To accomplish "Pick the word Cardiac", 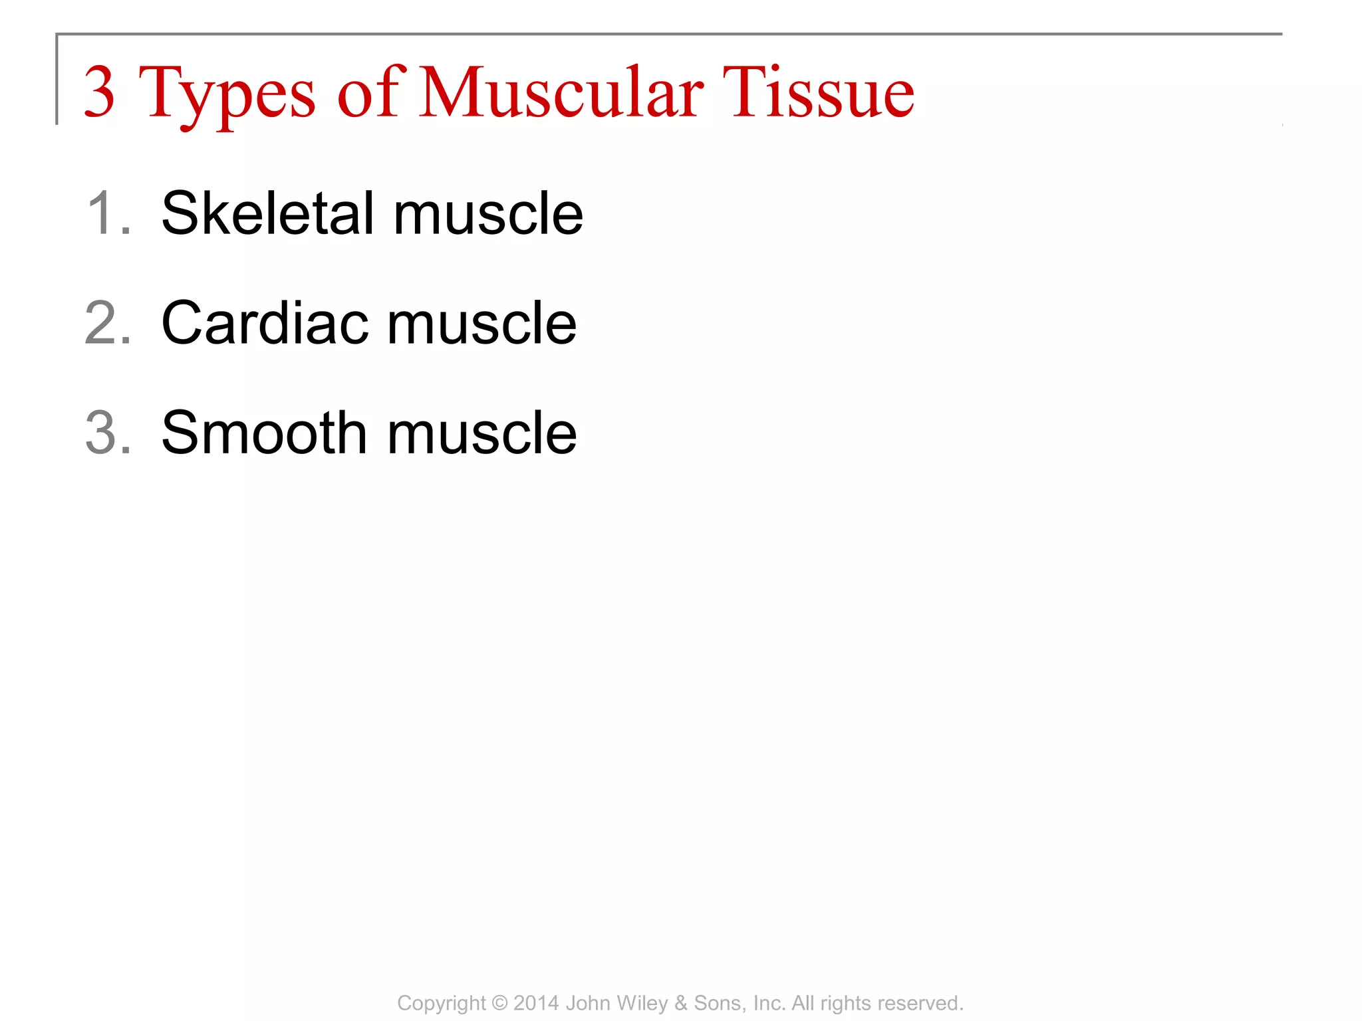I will click(265, 323).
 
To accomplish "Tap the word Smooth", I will click(264, 433).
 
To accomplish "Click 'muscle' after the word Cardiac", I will click(482, 323).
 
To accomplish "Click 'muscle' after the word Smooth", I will click(482, 433).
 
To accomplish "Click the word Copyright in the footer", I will click(442, 1003).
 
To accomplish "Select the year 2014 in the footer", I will click(536, 1003).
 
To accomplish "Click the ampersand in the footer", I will click(680, 1003).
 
